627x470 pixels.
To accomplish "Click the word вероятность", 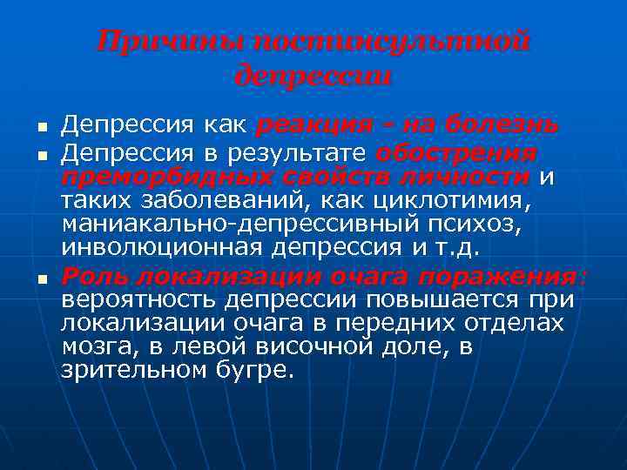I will point(138,300).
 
